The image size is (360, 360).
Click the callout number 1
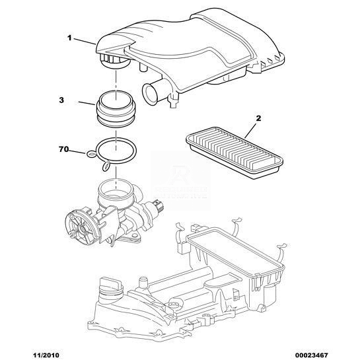pos(69,38)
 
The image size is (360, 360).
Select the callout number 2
pos(258,118)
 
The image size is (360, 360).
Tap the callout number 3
pos(61,100)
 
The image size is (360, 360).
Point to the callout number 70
pos(63,149)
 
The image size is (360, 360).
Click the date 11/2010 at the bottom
pos(45,355)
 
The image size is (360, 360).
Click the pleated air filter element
pos(234,153)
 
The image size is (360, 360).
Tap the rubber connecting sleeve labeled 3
pos(116,109)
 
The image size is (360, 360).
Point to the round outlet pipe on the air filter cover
pos(150,93)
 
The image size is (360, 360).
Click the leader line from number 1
pos(85,41)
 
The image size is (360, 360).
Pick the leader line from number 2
pos(250,130)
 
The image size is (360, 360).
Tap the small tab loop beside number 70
pos(92,155)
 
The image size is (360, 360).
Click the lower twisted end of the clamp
pos(106,166)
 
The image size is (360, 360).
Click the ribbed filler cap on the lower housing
pos(110,286)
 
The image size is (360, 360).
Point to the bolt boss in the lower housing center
pos(174,305)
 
